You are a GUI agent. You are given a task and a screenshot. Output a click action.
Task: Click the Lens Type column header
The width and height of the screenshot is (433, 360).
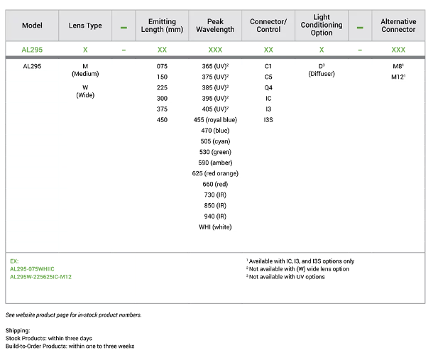pyautogui.click(x=85, y=26)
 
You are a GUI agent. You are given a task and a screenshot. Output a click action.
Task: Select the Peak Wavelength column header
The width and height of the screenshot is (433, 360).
pyautogui.click(x=221, y=26)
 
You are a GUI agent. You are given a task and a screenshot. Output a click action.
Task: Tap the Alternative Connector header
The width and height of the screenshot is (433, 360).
pyautogui.click(x=398, y=26)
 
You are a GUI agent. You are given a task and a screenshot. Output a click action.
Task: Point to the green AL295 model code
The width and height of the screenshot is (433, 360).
pyautogui.click(x=33, y=50)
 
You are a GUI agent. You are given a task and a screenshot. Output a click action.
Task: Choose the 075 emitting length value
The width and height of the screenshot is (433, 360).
pyautogui.click(x=163, y=66)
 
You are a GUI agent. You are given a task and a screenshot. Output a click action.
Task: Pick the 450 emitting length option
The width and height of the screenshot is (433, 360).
pyautogui.click(x=163, y=120)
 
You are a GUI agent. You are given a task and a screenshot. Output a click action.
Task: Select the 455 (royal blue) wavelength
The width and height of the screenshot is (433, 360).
pyautogui.click(x=221, y=120)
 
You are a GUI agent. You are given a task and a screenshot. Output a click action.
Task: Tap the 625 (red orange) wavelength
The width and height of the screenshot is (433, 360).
pyautogui.click(x=221, y=173)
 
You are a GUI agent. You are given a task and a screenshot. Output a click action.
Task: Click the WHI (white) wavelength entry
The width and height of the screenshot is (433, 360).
pyautogui.click(x=221, y=227)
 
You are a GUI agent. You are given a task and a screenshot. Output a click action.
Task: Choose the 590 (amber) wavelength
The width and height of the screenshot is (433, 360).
pyautogui.click(x=221, y=163)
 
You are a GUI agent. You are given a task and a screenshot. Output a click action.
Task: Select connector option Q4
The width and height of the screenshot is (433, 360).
pyautogui.click(x=268, y=87)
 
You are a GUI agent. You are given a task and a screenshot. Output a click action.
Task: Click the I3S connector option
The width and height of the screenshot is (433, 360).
pyautogui.click(x=268, y=120)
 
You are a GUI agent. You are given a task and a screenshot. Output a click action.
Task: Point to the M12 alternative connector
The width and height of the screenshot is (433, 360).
pyautogui.click(x=398, y=77)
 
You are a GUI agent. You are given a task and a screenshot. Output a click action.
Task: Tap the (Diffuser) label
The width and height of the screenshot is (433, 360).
pyautogui.click(x=322, y=74)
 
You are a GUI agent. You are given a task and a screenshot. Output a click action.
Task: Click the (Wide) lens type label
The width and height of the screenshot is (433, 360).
pyautogui.click(x=85, y=95)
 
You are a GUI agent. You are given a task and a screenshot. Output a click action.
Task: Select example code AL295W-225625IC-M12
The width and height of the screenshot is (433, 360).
pyautogui.click(x=40, y=277)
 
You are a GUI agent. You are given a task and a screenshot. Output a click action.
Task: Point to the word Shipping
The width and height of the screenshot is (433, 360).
pyautogui.click(x=18, y=330)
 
